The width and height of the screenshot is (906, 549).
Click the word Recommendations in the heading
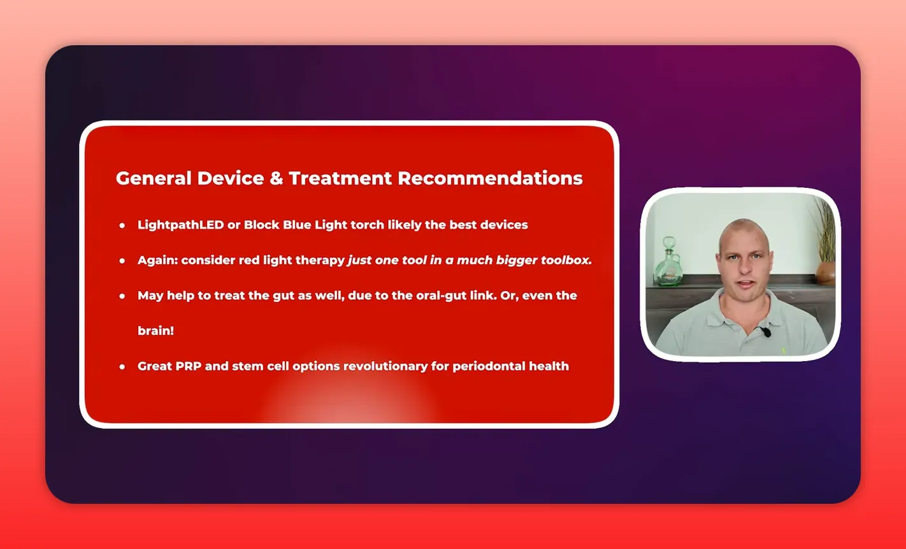click(490, 178)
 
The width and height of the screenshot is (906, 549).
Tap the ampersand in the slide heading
click(275, 178)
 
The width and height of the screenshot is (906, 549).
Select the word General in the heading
click(153, 178)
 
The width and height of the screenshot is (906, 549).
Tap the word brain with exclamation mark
click(155, 331)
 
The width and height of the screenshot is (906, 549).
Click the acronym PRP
click(188, 366)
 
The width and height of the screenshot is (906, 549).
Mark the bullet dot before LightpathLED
click(122, 225)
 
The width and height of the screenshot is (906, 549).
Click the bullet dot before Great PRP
click(122, 367)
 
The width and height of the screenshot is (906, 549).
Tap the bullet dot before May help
click(122, 296)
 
